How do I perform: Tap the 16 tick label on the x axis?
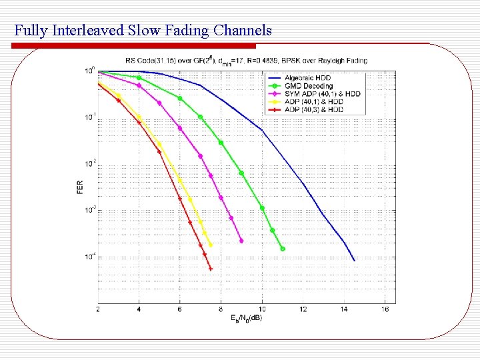click(385, 309)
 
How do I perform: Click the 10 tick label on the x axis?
click(262, 309)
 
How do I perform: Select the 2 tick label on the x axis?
click(98, 309)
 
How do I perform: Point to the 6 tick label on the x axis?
click(180, 309)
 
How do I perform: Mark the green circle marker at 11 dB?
click(283, 249)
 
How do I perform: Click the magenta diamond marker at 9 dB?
click(241, 241)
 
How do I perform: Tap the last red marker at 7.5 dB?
click(211, 269)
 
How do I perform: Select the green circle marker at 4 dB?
click(139, 78)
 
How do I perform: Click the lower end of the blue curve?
click(354, 260)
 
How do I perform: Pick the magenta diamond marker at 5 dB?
click(159, 103)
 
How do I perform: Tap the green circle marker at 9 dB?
click(241, 173)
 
